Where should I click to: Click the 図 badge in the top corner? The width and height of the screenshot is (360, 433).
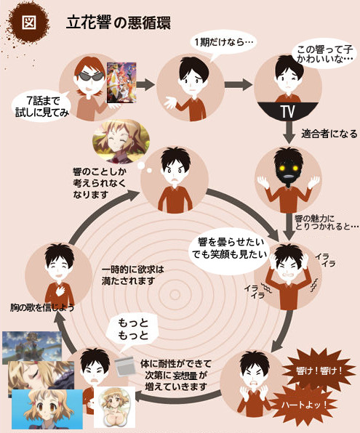[29, 22]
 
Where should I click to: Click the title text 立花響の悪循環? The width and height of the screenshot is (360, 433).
[119, 23]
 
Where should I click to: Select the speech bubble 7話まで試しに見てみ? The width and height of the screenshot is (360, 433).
[41, 106]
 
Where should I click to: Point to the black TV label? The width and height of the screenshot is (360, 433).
[287, 111]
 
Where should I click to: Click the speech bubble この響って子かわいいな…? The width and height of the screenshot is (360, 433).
[324, 54]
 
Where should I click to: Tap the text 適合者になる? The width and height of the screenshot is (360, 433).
[329, 134]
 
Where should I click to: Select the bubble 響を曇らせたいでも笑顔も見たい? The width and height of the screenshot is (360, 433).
[229, 249]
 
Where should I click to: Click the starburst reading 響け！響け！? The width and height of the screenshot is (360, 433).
[319, 371]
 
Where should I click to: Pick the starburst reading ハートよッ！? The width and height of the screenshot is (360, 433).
[303, 405]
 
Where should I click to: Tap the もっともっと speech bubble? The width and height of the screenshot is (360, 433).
[133, 330]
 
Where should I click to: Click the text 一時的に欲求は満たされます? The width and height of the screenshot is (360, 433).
[132, 275]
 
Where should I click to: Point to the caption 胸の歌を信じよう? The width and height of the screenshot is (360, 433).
[42, 307]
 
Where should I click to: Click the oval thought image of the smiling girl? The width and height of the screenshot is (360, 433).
[121, 142]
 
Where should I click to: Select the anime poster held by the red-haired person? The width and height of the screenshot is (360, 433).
[121, 83]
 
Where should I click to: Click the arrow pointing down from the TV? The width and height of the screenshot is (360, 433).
[289, 132]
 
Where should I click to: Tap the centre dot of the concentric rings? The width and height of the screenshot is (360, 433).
[175, 295]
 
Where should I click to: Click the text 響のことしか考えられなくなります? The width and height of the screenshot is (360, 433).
[100, 183]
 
